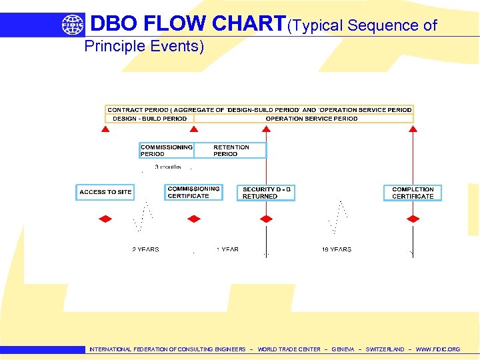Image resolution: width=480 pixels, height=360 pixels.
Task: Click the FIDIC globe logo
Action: pos(73,25)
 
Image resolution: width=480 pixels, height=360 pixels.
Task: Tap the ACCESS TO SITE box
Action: pos(105,192)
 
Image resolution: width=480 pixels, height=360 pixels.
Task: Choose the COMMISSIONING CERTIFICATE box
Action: pos(193,192)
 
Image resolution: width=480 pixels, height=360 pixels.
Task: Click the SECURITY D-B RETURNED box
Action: pos(267,193)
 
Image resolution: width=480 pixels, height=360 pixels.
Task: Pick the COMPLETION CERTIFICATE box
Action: pos(413,193)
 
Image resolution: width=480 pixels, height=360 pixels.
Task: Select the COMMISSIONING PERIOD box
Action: pos(166,151)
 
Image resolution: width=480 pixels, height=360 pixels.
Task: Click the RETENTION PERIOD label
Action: pos(231,151)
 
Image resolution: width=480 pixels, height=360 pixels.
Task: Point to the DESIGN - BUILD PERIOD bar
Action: pos(149,119)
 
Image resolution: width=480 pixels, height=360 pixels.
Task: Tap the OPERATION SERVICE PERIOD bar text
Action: pos(311,119)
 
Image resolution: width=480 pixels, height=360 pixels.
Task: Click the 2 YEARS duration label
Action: pos(145,249)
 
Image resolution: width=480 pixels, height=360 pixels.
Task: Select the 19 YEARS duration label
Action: pos(337,249)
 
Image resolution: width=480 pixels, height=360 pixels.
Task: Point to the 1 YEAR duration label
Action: pos(227,249)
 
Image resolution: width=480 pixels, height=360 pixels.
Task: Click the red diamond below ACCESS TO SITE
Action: pos(105,219)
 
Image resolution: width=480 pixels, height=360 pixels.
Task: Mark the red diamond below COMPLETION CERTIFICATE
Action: pos(413,219)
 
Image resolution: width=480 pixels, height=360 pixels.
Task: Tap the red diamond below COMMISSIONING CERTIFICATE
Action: pos(194,219)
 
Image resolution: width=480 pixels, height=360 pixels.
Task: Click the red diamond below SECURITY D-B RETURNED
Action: pos(267,219)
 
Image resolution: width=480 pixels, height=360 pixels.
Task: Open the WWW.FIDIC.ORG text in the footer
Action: pos(437,349)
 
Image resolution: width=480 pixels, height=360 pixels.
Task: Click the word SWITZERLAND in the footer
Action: pos(385,349)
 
